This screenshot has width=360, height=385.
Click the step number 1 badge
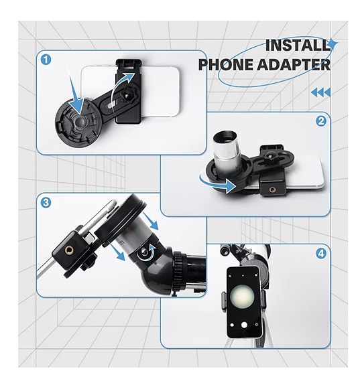(46, 59)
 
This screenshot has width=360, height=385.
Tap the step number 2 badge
(321, 121)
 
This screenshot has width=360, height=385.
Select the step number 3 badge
(46, 202)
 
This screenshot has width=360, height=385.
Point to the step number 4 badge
(321, 254)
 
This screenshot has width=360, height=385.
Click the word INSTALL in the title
(298, 46)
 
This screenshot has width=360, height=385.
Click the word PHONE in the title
(229, 65)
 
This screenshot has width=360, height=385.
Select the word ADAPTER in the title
(299, 65)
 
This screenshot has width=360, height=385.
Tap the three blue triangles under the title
(321, 92)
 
